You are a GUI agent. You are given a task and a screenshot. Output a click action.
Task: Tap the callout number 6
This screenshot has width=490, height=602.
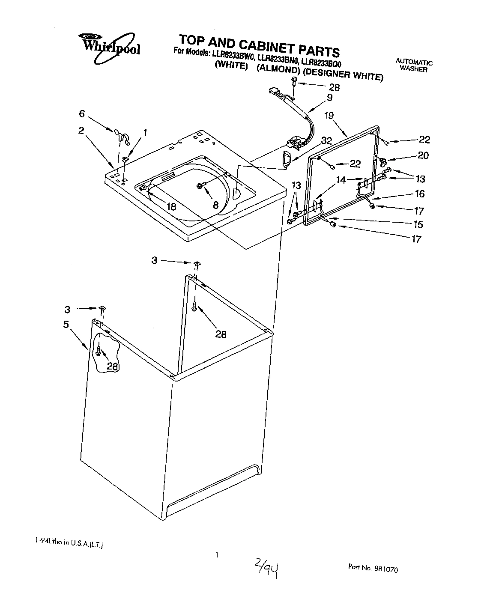click(81, 114)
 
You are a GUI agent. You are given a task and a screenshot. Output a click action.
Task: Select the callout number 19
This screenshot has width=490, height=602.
click(329, 115)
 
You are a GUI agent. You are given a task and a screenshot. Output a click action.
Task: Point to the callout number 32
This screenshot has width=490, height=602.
click(326, 141)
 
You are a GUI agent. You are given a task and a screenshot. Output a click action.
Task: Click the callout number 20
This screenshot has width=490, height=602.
click(423, 156)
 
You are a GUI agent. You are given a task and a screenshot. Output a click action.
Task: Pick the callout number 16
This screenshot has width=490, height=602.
click(419, 194)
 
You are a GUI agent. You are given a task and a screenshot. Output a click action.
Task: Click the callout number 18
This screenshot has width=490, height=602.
click(171, 206)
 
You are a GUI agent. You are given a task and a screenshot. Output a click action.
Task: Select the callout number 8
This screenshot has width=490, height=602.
click(216, 205)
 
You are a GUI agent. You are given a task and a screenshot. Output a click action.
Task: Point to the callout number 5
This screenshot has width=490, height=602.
click(66, 324)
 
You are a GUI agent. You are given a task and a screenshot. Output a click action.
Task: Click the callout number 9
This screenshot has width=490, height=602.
click(329, 98)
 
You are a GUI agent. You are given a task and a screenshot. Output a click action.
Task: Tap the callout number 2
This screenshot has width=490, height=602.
click(81, 131)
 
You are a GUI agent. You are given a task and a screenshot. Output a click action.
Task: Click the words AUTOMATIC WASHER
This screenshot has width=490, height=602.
click(414, 66)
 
